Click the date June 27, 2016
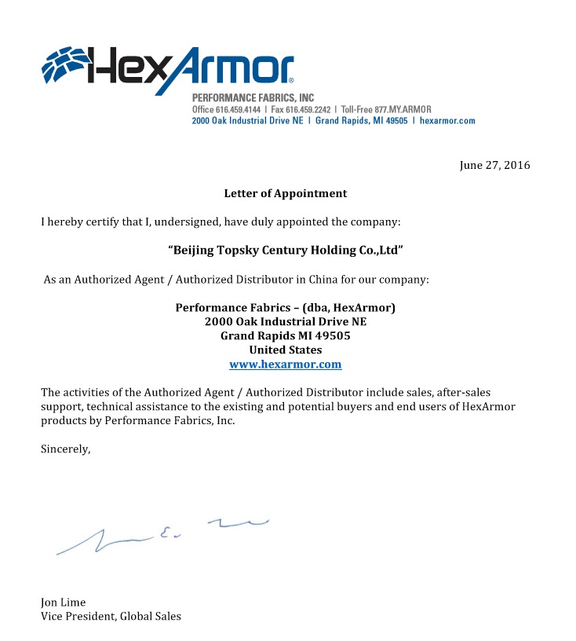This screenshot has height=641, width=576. coord(494,165)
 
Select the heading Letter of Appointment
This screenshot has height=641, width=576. coord(285,193)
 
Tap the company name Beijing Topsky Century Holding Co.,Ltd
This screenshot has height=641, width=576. coord(286,251)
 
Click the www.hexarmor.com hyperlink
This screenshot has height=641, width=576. coord(285,364)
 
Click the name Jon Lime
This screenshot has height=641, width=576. coord(64,603)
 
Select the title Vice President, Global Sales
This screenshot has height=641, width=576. coord(111,617)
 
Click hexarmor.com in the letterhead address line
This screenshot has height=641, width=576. coord(447,121)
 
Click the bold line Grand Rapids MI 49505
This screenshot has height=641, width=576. coord(285,335)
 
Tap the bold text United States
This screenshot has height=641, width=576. coord(285,350)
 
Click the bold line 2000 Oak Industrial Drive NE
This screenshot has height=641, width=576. coord(285,321)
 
